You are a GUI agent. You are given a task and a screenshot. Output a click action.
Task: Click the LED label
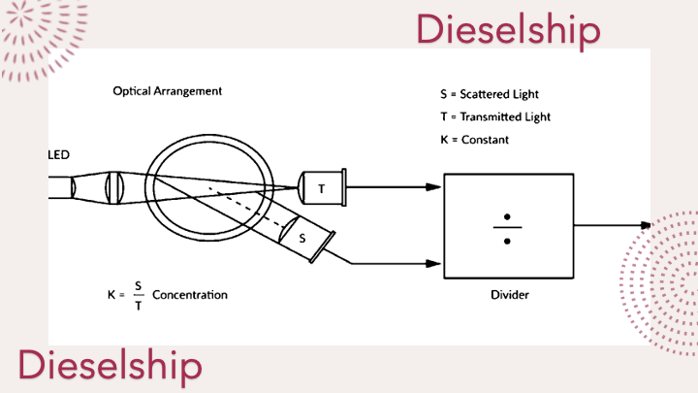point(59,155)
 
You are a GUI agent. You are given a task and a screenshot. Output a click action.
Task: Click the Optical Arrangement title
point(168,91)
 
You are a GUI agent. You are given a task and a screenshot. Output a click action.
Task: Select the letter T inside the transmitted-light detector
point(322,189)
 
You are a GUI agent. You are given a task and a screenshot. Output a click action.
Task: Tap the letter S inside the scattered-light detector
point(302,239)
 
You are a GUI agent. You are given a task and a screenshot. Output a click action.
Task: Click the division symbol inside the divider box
point(507,229)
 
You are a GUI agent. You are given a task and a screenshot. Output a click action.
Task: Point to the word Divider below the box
point(510,295)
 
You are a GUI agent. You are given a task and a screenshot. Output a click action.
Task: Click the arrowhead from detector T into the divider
point(433,187)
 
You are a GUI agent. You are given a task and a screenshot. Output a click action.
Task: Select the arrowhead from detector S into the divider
point(433,264)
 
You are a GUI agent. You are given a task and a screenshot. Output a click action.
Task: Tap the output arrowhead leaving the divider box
point(646,225)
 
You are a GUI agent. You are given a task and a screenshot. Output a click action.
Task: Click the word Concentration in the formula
point(190,295)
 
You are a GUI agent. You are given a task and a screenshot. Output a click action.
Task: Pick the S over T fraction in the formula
point(139,295)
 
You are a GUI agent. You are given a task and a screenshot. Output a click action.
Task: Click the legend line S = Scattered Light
point(490,94)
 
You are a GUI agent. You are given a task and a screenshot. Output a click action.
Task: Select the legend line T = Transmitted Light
point(495,116)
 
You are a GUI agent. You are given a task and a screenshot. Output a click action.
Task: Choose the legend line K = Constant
point(474,140)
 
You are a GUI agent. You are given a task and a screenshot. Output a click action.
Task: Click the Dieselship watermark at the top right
point(508,30)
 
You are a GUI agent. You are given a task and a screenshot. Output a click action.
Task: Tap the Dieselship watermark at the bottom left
point(110,366)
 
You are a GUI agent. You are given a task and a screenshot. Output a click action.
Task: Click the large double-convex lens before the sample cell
point(114,188)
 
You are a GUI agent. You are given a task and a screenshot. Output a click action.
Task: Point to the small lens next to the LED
point(73,187)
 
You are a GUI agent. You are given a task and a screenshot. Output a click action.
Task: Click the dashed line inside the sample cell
point(247,208)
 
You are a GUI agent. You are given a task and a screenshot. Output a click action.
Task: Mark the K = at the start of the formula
point(116,295)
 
